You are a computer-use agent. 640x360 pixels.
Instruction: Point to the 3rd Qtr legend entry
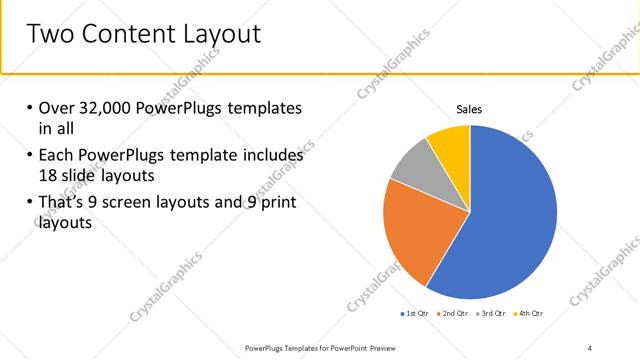tap(493, 314)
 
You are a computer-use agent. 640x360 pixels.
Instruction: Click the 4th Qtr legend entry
tap(530, 314)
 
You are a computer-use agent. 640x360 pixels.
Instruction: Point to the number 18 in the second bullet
tap(50, 175)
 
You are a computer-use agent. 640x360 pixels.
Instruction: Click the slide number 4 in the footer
tap(590, 347)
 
